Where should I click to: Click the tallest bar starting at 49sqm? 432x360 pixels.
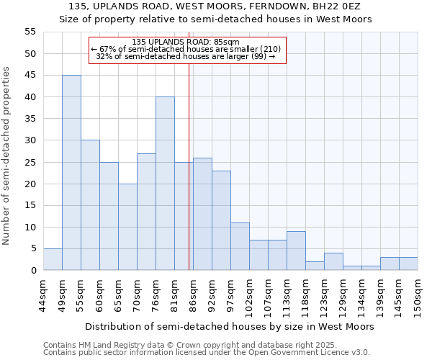click(x=71, y=173)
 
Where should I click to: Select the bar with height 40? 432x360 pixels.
click(x=165, y=184)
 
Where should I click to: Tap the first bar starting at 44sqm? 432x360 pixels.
click(x=53, y=259)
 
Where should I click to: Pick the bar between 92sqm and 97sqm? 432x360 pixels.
click(x=221, y=220)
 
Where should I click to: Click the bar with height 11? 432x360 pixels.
click(x=240, y=246)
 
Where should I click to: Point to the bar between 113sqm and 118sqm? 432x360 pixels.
click(x=296, y=251)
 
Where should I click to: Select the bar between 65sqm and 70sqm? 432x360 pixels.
click(x=127, y=227)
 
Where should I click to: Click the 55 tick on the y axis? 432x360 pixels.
click(x=30, y=32)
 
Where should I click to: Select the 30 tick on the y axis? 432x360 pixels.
click(x=30, y=140)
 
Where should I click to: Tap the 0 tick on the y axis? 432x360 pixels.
click(x=33, y=271)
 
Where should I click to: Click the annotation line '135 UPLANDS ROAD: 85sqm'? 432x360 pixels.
click(x=186, y=42)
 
